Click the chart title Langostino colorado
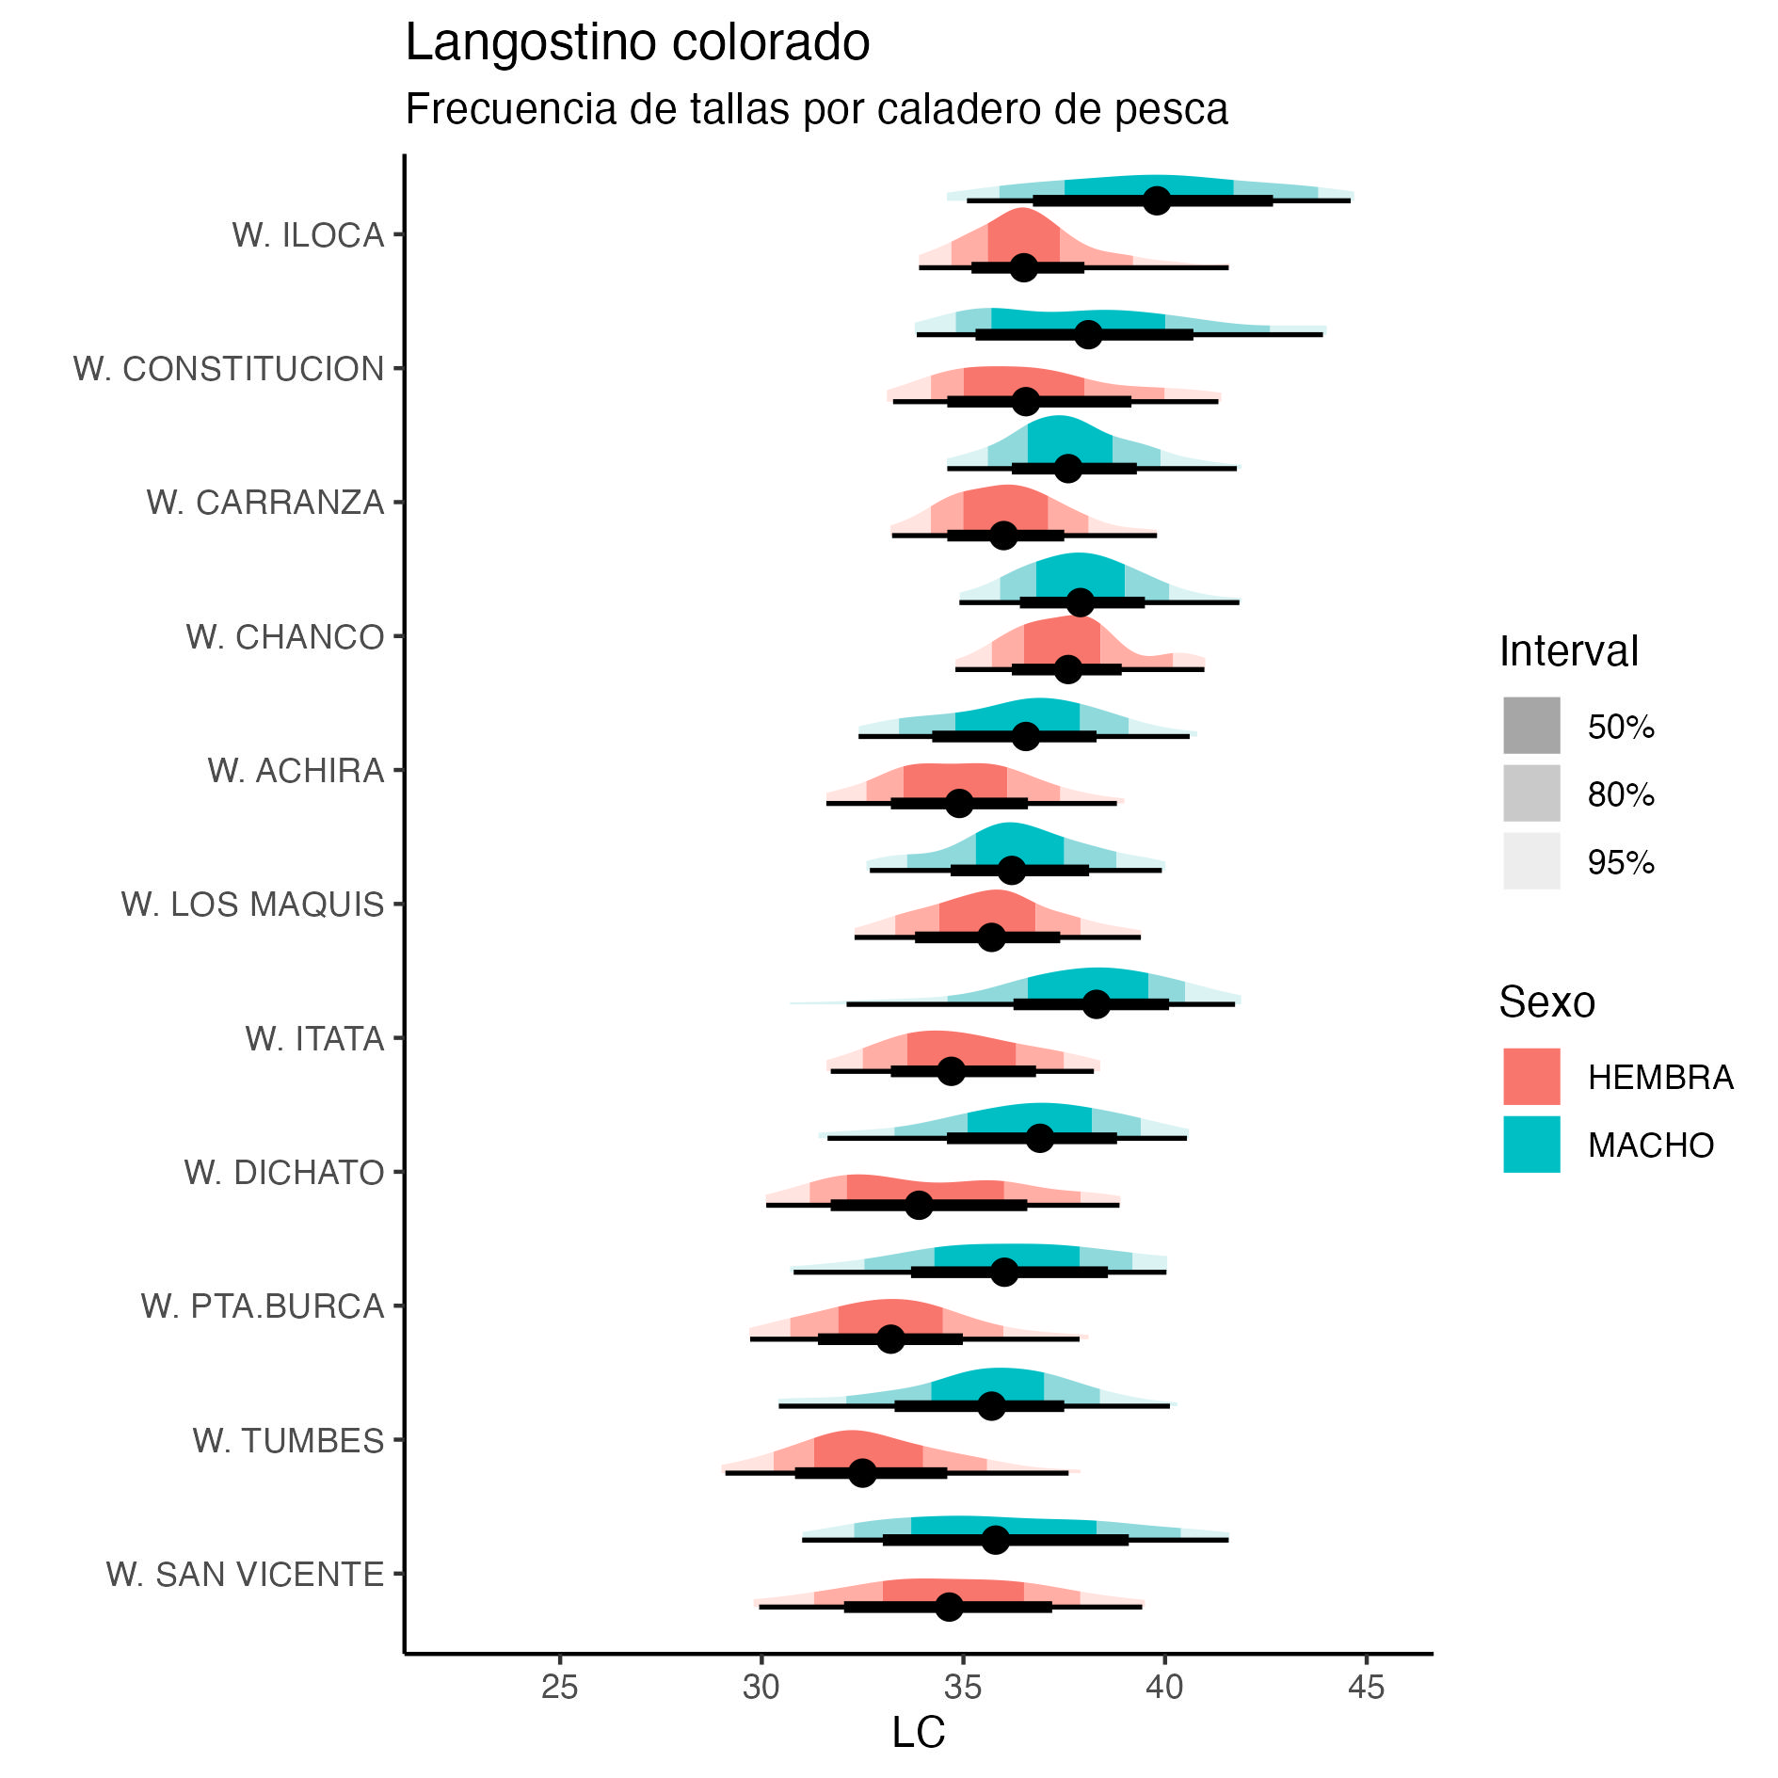click(637, 43)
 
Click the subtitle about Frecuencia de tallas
click(816, 109)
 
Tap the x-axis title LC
click(918, 1732)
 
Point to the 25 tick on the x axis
click(559, 1688)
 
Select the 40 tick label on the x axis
click(1164, 1688)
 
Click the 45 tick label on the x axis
click(1366, 1688)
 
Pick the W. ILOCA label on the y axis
click(308, 235)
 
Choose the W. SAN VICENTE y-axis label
click(245, 1574)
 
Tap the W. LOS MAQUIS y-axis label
click(252, 905)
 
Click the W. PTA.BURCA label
click(263, 1306)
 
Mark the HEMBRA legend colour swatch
click(1531, 1076)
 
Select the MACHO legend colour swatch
click(1531, 1144)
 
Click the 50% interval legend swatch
click(1531, 726)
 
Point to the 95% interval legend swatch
click(1531, 861)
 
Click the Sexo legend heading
click(1546, 1002)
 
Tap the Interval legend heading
click(1568, 651)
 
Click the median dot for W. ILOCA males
click(1157, 200)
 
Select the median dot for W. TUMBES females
click(862, 1473)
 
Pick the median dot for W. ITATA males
click(1096, 1004)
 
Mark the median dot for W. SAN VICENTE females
click(949, 1607)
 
